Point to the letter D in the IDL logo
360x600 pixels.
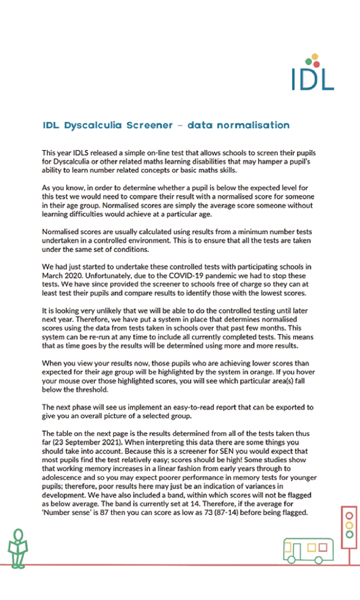click(x=313, y=78)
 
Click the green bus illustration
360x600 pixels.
click(x=307, y=550)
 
